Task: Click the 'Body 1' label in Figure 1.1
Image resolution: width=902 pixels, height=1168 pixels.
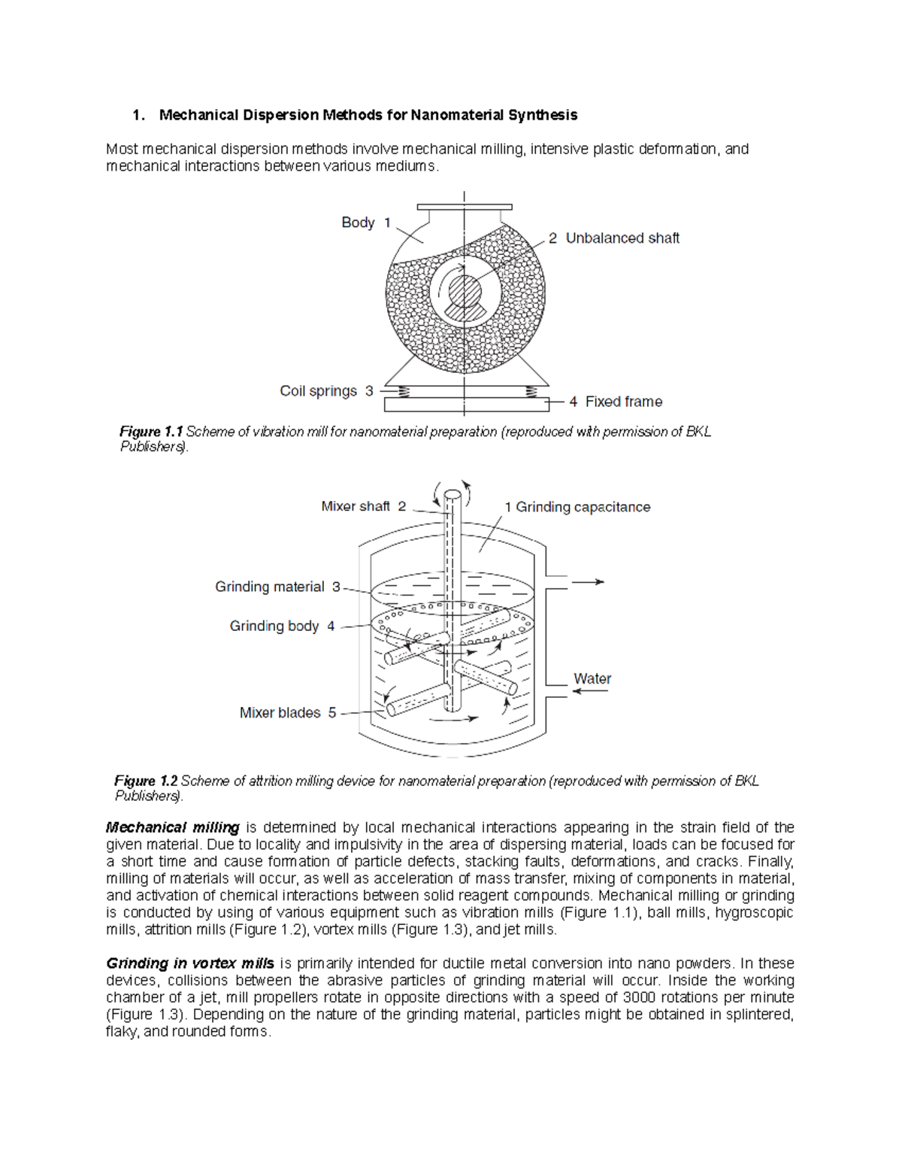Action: coord(366,223)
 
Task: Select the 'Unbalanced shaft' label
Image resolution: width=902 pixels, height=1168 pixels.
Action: coord(613,238)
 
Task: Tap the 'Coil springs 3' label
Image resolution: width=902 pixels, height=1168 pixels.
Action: coord(326,391)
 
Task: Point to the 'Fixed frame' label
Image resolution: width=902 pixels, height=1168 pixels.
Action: coord(616,402)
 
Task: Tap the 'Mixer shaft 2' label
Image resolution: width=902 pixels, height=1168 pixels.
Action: coord(363,506)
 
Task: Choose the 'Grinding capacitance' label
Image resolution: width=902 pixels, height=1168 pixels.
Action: coord(577,507)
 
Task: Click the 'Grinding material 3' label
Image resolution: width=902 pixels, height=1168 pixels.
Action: coord(277,587)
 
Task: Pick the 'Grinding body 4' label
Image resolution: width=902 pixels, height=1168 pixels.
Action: coord(282,626)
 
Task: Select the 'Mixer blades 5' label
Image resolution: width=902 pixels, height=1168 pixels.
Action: coord(288,712)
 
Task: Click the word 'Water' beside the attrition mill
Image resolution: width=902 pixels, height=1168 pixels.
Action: coord(592,678)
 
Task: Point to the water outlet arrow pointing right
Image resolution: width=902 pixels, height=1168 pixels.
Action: coord(589,581)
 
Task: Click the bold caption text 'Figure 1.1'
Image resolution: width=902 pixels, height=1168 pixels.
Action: coord(151,432)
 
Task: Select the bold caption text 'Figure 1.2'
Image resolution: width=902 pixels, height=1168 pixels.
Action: coord(146,781)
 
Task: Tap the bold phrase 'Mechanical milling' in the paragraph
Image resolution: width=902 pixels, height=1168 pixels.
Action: coord(173,828)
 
